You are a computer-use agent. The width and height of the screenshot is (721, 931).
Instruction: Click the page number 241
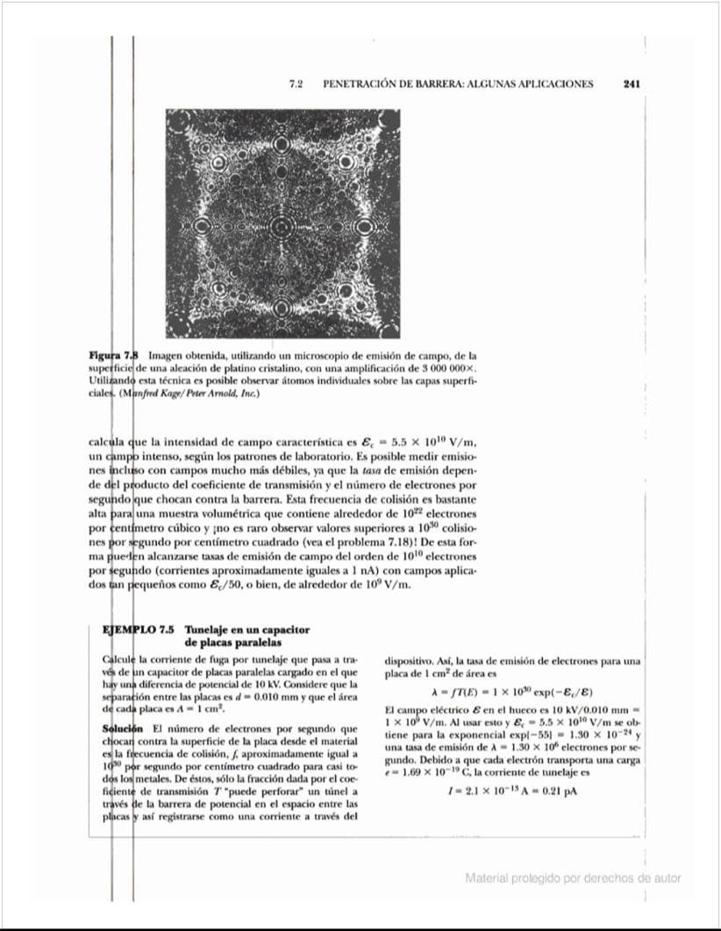[x=632, y=85]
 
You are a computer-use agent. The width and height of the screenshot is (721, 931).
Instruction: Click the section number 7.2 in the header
[x=296, y=85]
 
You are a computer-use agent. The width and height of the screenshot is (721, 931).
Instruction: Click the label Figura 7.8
[x=114, y=356]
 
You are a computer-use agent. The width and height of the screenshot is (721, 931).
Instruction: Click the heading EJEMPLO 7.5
[x=139, y=630]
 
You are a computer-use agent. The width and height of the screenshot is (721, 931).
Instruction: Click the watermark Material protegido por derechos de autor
[x=573, y=878]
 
